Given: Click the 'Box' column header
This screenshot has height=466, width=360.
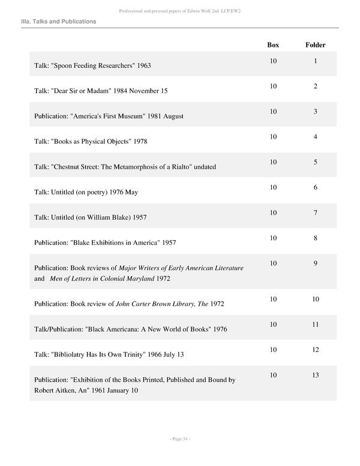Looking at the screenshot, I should (x=273, y=45).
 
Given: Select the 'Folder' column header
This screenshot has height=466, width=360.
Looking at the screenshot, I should (x=315, y=45).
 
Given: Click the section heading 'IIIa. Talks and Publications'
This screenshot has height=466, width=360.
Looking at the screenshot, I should (x=58, y=22).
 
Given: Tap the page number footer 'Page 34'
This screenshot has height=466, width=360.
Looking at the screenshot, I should (x=179, y=439).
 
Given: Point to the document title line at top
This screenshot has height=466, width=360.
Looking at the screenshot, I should (x=179, y=11).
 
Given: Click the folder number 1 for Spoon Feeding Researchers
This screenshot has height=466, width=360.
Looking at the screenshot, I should (x=315, y=61).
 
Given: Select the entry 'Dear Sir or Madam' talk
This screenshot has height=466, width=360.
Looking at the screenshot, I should (x=101, y=91).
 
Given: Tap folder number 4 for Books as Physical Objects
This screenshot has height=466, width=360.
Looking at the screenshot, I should (x=315, y=137).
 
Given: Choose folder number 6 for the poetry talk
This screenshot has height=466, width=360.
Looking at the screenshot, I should (x=315, y=187).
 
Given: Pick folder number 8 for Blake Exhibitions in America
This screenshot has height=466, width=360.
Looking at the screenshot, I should (x=315, y=238).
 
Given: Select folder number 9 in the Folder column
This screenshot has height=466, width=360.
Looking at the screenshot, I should (x=315, y=263).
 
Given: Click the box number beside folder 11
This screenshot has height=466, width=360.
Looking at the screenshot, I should (x=273, y=324).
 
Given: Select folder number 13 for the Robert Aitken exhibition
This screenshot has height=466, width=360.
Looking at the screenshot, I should (x=315, y=375).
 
